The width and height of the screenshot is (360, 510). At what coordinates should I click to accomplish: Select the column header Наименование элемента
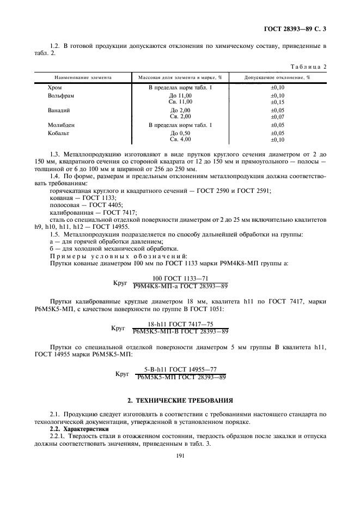click(79, 78)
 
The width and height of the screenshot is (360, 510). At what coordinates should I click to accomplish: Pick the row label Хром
click(55, 87)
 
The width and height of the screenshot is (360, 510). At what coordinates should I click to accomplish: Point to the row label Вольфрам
click(60, 95)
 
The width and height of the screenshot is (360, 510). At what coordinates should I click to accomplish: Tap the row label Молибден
click(61, 125)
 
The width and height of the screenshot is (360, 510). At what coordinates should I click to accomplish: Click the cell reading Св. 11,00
click(181, 102)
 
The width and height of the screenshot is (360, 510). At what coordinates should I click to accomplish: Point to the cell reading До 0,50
click(181, 133)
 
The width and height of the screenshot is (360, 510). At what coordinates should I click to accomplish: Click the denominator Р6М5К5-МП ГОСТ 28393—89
click(181, 377)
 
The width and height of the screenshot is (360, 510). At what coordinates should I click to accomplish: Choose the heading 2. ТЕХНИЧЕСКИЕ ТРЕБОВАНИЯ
click(180, 400)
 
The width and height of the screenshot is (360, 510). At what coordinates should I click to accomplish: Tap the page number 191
click(180, 457)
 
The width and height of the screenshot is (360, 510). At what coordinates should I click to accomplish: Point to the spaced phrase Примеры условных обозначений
click(118, 255)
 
